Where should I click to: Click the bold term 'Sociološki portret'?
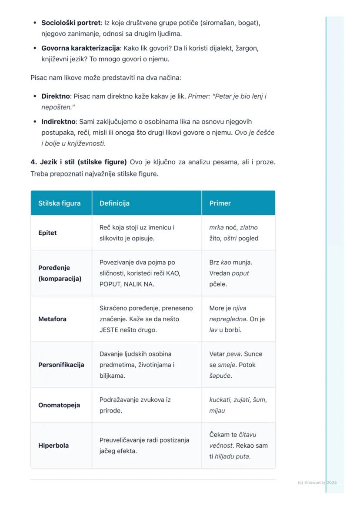71,23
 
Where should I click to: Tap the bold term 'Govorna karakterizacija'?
80,48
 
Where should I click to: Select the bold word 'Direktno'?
55,96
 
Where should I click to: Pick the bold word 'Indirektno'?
58,122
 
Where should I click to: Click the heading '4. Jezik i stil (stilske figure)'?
79,162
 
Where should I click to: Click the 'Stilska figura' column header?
59,203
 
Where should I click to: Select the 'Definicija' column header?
114,203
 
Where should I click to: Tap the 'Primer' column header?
220,203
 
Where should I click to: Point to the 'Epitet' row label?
47,233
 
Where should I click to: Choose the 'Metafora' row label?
52,319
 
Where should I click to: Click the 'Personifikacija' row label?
61,365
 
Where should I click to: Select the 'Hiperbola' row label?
53,446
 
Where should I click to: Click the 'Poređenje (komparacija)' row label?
60,273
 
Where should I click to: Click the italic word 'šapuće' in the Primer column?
220,376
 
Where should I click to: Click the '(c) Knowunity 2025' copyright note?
317,482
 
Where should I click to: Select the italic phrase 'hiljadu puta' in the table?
232,456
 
